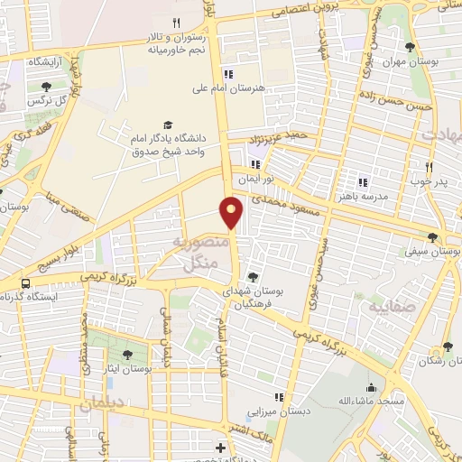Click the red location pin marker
[232, 211]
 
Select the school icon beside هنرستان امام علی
[229, 74]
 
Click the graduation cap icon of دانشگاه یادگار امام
[167, 125]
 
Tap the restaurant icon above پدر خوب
[430, 167]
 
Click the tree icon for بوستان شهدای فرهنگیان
[252, 277]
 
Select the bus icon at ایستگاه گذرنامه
[26, 282]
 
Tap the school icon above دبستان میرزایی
[280, 397]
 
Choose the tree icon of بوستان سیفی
[433, 238]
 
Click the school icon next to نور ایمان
[256, 164]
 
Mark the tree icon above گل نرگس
[46, 87]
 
